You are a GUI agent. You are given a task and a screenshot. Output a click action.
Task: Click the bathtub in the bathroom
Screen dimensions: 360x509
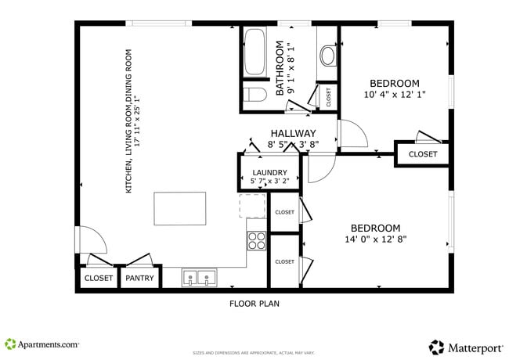(x=254, y=52)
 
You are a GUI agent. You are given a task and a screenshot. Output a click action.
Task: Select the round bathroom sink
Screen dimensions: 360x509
(x=327, y=55)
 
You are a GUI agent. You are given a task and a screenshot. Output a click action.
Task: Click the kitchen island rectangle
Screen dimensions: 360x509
(x=180, y=208)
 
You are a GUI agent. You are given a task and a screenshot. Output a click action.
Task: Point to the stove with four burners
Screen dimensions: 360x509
(x=257, y=240)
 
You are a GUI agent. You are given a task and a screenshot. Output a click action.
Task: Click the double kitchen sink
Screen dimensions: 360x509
(x=199, y=277)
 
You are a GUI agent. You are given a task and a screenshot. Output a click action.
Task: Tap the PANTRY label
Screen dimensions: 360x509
(x=139, y=278)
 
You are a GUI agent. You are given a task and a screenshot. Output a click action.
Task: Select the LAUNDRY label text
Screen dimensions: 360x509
(x=269, y=173)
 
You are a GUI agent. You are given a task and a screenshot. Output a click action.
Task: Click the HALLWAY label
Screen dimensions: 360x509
(x=294, y=133)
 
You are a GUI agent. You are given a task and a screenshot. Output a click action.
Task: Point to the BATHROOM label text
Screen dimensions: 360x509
(x=280, y=70)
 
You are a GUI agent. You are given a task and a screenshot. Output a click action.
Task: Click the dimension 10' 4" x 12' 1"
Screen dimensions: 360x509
(x=395, y=95)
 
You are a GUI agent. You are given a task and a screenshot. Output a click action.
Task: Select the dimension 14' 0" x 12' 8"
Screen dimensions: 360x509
(x=376, y=239)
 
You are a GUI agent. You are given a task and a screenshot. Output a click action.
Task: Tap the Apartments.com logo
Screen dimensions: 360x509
(x=42, y=344)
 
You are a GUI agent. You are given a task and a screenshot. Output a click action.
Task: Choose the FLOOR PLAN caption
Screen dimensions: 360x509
(x=254, y=303)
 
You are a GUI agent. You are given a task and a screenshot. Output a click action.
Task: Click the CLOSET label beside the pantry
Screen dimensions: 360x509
(x=98, y=278)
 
